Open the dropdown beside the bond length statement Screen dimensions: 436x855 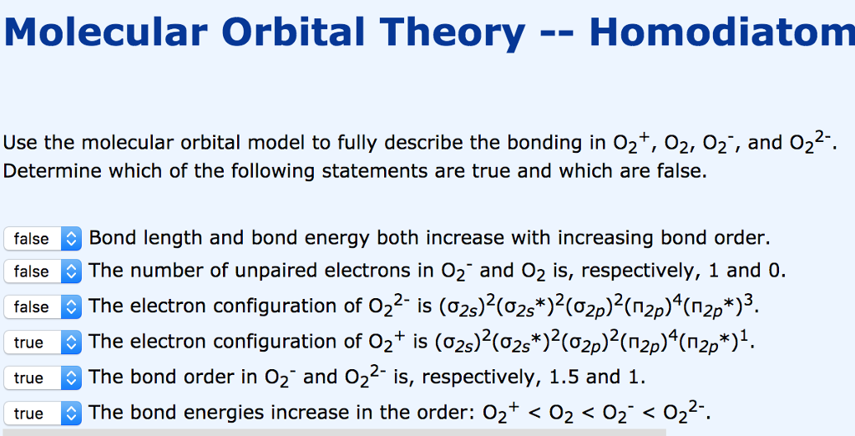pos(43,239)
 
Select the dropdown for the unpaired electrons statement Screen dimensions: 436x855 pos(43,271)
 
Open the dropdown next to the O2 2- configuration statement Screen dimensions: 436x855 pos(43,307)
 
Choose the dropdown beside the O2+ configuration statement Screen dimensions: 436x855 pos(43,342)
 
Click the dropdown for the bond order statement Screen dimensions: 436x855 pos(43,378)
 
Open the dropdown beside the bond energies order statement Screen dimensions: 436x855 pos(43,413)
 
